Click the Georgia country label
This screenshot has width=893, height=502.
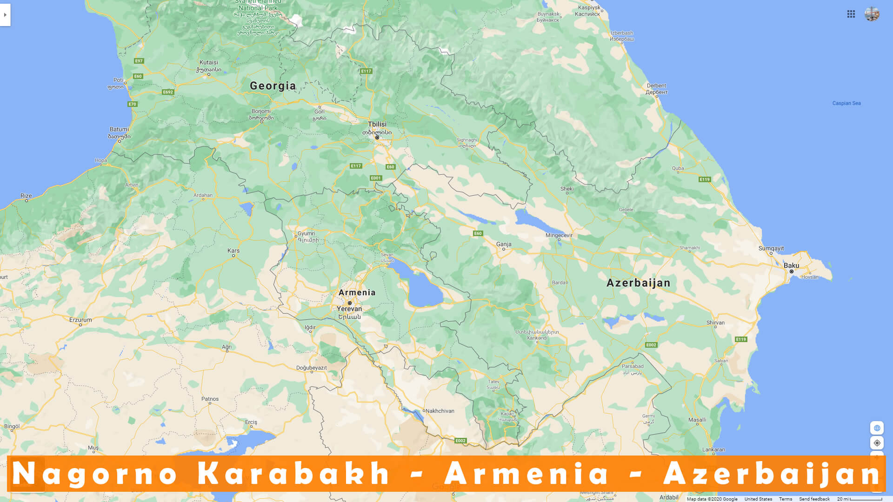[x=273, y=86]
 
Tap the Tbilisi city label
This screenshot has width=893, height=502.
[x=377, y=125]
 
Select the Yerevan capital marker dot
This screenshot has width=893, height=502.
[x=350, y=303]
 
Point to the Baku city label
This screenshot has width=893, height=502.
[x=791, y=266]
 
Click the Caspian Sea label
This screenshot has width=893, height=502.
[x=846, y=103]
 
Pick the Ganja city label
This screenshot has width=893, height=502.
[x=504, y=244]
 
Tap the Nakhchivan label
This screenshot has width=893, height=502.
[x=440, y=411]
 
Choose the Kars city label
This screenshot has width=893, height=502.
[x=233, y=251]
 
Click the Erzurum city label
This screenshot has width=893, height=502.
[x=80, y=320]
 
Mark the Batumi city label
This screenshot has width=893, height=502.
[x=119, y=130]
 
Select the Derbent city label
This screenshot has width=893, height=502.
[x=656, y=86]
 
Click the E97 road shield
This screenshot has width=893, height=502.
[x=139, y=61]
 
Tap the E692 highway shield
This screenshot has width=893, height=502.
[x=168, y=92]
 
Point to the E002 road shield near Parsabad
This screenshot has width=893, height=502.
[x=651, y=345]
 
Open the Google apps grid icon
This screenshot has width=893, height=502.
[x=851, y=14]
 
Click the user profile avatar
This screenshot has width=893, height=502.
[x=872, y=14]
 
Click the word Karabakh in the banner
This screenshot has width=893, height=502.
[x=293, y=474]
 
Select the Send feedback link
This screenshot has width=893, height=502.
[x=814, y=499]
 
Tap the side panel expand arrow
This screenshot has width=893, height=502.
[x=5, y=15]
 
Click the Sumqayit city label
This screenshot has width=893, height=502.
[x=771, y=249]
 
